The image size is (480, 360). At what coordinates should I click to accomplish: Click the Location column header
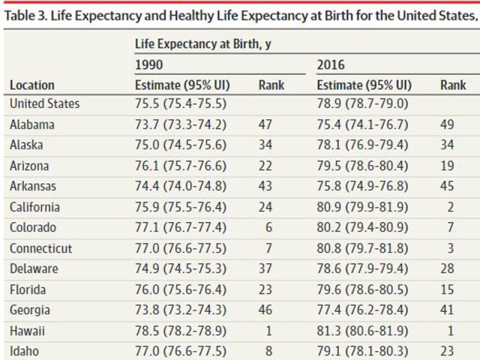(32, 85)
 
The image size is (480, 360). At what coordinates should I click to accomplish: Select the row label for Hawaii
(27, 331)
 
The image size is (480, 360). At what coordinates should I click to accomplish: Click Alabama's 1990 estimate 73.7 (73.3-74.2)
(180, 125)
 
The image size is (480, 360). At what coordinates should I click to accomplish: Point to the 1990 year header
(149, 65)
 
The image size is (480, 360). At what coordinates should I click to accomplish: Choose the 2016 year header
(331, 65)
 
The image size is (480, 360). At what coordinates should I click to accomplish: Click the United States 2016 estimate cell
(362, 104)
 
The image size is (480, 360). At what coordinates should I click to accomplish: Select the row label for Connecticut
(41, 249)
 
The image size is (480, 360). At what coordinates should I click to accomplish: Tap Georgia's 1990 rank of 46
(265, 310)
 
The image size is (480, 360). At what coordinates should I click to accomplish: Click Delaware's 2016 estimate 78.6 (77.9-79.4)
(362, 269)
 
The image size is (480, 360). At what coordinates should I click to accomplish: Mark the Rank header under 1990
(271, 85)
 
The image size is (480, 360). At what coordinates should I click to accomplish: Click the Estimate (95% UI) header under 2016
(364, 85)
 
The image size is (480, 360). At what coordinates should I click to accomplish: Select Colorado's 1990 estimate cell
(180, 227)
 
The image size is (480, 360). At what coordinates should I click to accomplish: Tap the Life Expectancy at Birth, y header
(203, 45)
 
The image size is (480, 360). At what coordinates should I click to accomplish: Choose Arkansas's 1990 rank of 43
(265, 187)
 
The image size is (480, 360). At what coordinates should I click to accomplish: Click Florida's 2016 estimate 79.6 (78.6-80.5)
(362, 290)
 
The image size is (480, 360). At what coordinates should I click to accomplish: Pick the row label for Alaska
(26, 145)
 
